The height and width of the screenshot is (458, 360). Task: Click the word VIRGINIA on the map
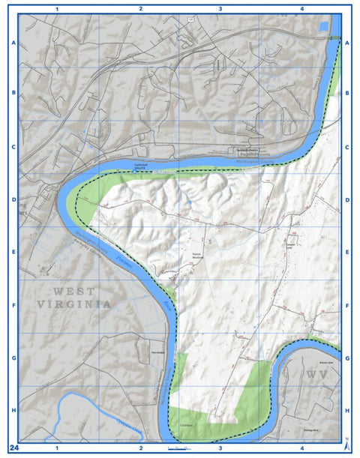coord(74,304)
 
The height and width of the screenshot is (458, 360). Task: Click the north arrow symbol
coord(346,445)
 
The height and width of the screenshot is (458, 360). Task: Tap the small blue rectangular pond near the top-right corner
coord(324,26)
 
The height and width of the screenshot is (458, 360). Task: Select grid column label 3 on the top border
coord(220,9)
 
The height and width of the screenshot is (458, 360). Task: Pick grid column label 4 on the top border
coord(301,9)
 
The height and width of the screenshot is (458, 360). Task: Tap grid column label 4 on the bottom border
coord(301,448)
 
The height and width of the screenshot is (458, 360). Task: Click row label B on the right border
coord(347,94)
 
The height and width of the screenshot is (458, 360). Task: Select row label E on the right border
coord(347,253)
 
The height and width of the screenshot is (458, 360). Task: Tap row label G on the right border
coord(347,358)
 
